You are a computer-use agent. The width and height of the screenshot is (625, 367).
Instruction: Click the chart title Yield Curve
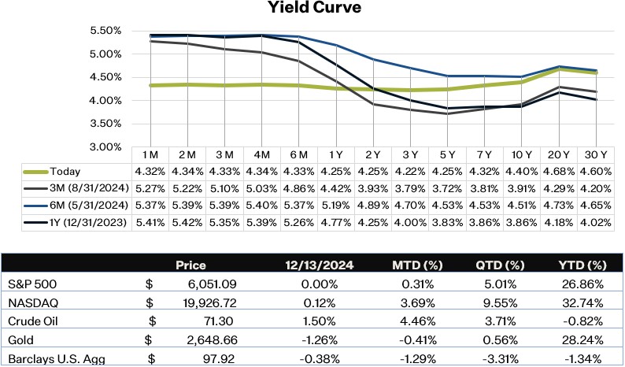click(312, 10)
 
